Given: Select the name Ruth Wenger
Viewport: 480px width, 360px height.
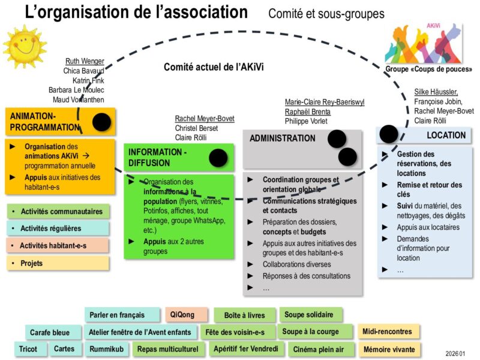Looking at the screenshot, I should coord(84,61).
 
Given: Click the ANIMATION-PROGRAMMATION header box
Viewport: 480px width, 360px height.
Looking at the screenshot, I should coord(45,122).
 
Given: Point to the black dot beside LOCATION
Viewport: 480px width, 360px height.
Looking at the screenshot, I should coord(389,134).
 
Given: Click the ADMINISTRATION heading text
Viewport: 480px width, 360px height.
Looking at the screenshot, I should coord(282,138).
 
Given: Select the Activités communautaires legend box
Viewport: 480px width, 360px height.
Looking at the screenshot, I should coord(58,211).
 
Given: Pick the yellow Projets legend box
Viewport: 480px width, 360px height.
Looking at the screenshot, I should coord(58,263).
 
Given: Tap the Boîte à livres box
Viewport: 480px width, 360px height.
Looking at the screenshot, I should coord(244,315).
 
